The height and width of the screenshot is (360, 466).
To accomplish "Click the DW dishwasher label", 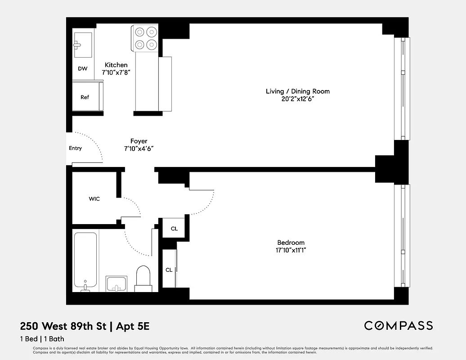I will point(82,69).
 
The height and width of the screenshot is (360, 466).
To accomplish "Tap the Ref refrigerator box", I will point(85,97).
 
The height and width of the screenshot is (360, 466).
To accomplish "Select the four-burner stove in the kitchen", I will point(145,38).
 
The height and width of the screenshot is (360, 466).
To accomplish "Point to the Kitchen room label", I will point(116,65).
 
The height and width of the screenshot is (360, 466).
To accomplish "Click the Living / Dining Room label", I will point(297,91).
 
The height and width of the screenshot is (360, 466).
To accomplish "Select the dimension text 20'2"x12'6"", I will point(297,99).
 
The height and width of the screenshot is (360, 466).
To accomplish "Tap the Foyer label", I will point(139,141).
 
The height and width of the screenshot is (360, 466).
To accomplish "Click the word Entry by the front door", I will point(75,148).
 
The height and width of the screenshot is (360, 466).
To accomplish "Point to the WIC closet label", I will point(94,199).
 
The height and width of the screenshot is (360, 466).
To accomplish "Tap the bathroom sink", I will point(116,284).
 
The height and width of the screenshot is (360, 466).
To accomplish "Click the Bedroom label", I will point(291,243).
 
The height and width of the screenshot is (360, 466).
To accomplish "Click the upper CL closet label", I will point(174,229).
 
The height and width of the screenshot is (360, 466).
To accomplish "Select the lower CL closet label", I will point(169,270).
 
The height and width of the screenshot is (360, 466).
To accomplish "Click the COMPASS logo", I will point(399,325).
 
